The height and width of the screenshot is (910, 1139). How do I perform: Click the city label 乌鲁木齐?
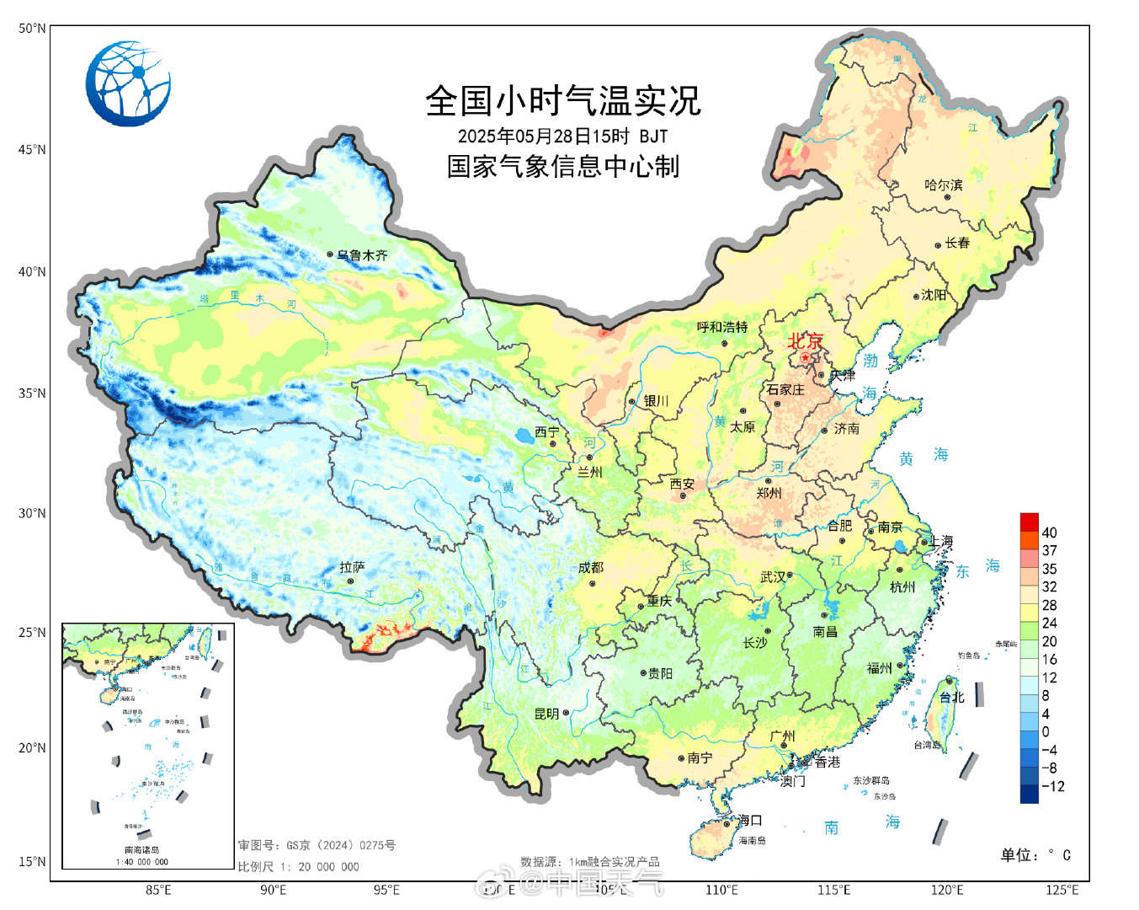[x=363, y=254]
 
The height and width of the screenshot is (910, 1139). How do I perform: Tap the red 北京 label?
[x=805, y=341]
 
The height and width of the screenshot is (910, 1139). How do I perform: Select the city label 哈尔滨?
[x=943, y=185]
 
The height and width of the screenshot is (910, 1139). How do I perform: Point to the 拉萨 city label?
[x=352, y=567]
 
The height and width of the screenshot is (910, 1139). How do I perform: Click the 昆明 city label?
[x=546, y=714]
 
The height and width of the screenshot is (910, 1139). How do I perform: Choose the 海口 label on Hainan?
[x=750, y=820]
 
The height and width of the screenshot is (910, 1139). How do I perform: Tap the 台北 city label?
[x=951, y=697]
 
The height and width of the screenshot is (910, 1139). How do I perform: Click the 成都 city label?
[x=591, y=568]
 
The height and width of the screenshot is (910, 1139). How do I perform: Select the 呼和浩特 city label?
[x=722, y=327]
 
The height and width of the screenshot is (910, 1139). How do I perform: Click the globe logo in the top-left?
[x=128, y=83]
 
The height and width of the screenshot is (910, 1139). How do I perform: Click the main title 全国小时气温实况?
[x=562, y=101]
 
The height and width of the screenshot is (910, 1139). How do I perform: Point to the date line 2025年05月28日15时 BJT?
[x=562, y=136]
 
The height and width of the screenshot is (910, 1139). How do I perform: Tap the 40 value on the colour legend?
[x=1049, y=533]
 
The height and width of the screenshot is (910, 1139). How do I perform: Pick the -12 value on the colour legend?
[x=1052, y=786]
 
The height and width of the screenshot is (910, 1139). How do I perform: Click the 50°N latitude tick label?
[x=32, y=29]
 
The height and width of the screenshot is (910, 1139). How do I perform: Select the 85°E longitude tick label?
[x=158, y=890]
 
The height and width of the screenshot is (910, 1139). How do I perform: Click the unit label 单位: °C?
[x=1035, y=855]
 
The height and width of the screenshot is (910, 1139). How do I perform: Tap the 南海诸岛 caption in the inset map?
[x=141, y=850]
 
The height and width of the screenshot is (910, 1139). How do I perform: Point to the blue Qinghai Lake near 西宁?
[x=523, y=436]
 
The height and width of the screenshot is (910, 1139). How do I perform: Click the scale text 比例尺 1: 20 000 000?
[x=298, y=866]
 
